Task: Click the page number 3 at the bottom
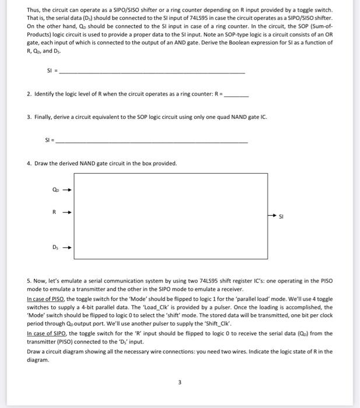tap(180, 383)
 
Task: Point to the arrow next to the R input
tap(67, 213)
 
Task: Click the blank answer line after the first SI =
tap(152, 72)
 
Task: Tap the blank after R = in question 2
tap(236, 94)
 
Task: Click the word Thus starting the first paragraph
tap(34, 10)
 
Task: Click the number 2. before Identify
tap(30, 94)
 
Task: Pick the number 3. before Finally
tap(30, 117)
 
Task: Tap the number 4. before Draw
tap(30, 163)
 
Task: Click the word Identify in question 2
tap(46, 94)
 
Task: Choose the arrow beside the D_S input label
tap(67, 247)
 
